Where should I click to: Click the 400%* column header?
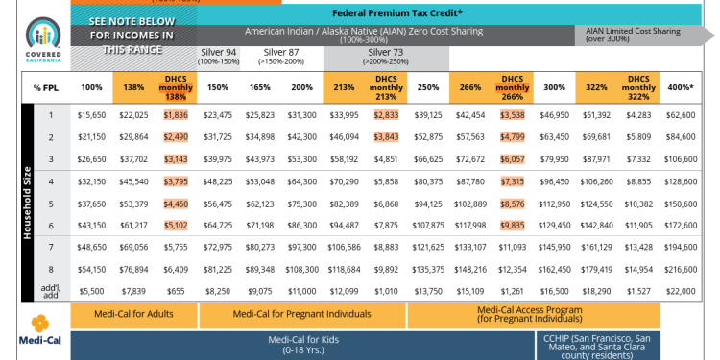click(x=680, y=87)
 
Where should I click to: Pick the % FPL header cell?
click(x=49, y=87)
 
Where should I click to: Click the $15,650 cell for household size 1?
click(x=91, y=115)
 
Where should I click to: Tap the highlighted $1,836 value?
click(x=175, y=115)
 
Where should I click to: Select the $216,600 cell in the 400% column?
click(x=680, y=270)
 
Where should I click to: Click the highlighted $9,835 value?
click(x=513, y=226)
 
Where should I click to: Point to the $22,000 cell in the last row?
click(x=680, y=291)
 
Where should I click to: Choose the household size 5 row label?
click(x=50, y=204)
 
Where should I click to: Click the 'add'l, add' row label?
click(x=50, y=291)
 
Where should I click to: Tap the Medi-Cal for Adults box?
click(x=134, y=314)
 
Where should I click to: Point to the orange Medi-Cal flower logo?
click(x=39, y=323)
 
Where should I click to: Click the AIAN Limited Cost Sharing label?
click(x=636, y=34)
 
